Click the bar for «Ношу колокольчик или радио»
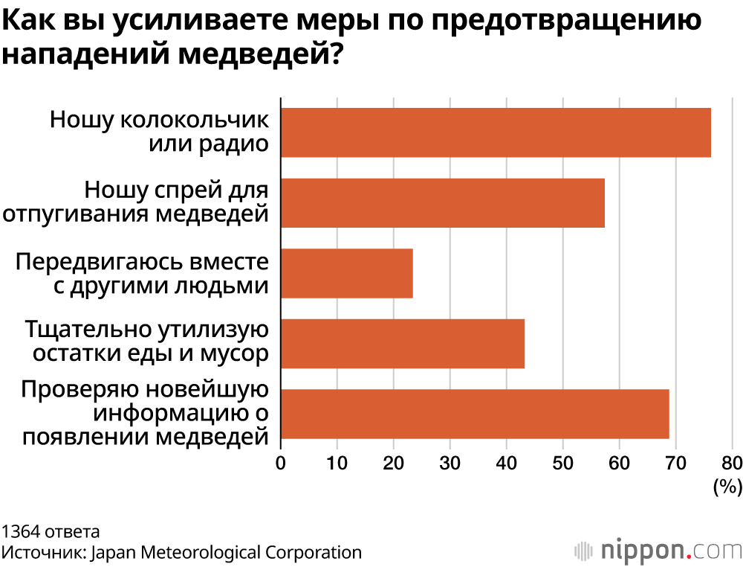click(496, 132)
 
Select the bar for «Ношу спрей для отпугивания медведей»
click(443, 202)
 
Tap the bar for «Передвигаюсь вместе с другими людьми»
click(347, 273)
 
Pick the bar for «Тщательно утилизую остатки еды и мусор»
click(403, 343)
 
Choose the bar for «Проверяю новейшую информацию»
click(475, 414)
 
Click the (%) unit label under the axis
click(727, 487)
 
